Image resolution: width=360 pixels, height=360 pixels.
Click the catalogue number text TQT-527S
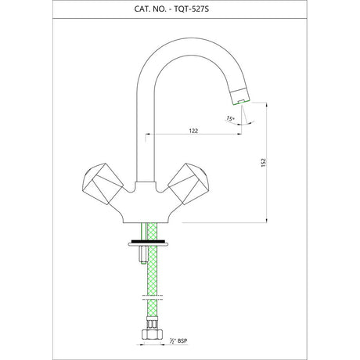point(192,9)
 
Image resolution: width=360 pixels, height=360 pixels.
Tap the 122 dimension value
point(193,131)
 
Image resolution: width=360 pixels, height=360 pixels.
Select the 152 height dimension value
point(264,163)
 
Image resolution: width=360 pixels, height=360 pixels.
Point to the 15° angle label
point(230,118)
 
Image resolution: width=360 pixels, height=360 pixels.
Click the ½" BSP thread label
point(178,340)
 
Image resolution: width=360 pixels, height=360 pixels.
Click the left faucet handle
point(103,184)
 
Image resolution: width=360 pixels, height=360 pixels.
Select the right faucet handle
point(189,184)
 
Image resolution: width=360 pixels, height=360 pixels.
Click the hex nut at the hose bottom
point(153,333)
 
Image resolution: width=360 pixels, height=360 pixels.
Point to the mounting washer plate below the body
point(148,244)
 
